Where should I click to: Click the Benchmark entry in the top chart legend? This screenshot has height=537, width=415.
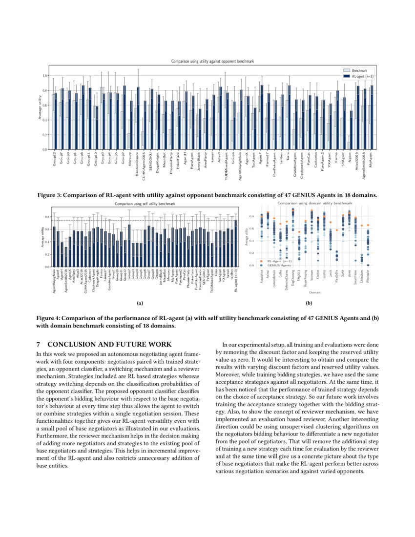[359, 71]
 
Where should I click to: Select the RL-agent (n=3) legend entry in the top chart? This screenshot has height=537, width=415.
[361, 76]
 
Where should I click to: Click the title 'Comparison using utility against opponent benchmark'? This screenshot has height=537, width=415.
[212, 62]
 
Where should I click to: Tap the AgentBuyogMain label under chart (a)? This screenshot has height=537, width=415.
[54, 283]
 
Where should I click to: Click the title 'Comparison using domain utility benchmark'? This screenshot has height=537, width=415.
[314, 202]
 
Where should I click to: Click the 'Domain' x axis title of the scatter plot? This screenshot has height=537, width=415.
[314, 292]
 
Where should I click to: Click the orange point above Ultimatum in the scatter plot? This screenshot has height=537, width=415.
[362, 226]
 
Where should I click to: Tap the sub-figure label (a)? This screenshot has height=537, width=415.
[140, 303]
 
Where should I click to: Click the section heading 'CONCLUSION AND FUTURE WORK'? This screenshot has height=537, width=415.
[109, 345]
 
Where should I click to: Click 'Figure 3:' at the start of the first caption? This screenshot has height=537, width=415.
[51, 195]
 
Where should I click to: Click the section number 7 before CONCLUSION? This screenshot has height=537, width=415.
[39, 345]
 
